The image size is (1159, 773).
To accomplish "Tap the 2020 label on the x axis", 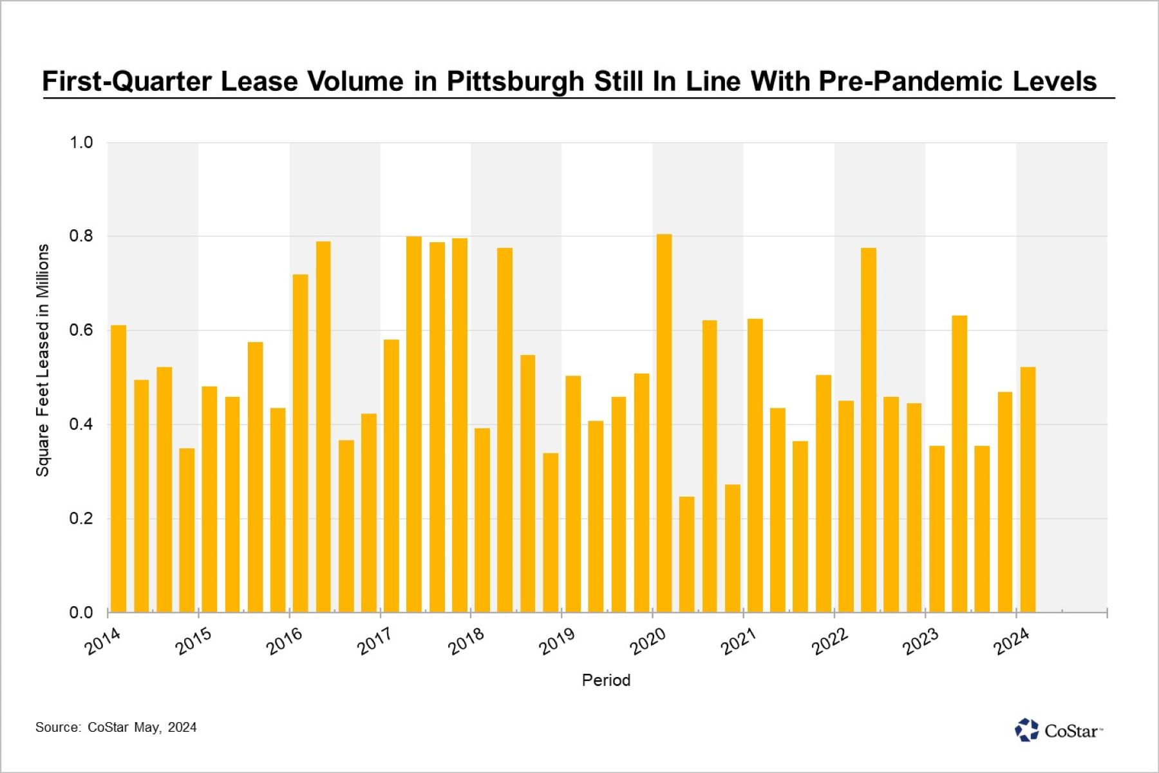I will (x=648, y=642).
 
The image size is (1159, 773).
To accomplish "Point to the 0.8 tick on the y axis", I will (x=81, y=236).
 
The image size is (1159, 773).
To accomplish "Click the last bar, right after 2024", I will (x=1028, y=490).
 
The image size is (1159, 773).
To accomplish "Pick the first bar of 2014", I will (x=118, y=468).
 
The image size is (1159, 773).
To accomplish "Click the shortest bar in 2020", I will (x=686, y=554).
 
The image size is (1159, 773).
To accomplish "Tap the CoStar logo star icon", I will (x=1026, y=730).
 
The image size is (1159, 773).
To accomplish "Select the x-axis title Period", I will (x=606, y=680).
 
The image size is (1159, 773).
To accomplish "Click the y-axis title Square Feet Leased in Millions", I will (x=42, y=360).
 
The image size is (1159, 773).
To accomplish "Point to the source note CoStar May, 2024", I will (x=116, y=727).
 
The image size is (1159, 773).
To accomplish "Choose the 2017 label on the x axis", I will (x=375, y=642).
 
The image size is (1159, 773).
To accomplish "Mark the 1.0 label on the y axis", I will (x=81, y=142).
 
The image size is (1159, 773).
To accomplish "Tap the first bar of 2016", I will (x=300, y=443).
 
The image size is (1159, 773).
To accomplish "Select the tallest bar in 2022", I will (x=868, y=430).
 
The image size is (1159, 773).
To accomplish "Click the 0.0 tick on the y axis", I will (x=81, y=612).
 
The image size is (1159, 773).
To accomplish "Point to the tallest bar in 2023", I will (x=959, y=464).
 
